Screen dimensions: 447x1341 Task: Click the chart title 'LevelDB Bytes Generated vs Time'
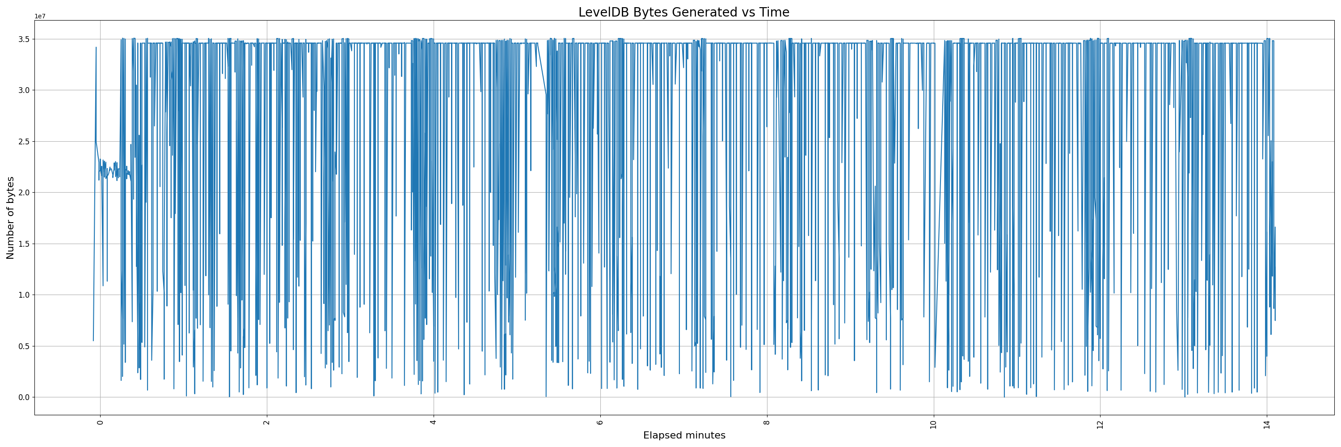coord(683,13)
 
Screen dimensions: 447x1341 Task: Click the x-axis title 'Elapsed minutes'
coord(684,435)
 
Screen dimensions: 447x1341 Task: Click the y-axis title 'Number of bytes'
coord(10,218)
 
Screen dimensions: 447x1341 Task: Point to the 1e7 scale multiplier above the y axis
coord(40,16)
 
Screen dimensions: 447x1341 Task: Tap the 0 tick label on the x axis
coord(101,422)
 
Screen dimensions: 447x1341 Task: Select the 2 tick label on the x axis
coord(267,422)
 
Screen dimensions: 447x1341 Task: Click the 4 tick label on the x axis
coord(434,422)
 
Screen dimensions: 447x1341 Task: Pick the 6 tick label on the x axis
coord(600,422)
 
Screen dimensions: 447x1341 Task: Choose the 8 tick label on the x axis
coord(767,422)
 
